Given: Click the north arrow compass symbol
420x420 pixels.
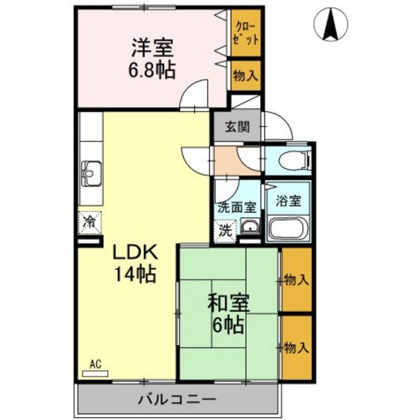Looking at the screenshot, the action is (331, 24).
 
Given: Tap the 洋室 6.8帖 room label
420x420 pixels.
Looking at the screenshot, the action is (151, 59).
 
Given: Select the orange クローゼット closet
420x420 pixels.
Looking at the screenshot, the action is (246, 33).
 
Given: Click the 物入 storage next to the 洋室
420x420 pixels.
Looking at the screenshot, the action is (246, 75).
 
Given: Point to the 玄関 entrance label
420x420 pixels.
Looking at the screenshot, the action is (237, 127).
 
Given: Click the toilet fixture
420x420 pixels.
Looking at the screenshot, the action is (295, 160).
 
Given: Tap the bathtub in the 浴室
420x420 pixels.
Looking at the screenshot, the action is (288, 228).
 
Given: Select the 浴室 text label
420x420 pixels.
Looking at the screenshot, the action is (288, 201).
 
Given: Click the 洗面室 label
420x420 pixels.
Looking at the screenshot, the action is (237, 207).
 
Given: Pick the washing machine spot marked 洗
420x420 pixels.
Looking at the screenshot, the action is (225, 231).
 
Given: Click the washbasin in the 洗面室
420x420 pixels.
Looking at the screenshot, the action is (250, 226).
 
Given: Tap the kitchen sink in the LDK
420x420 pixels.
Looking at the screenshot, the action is (91, 174).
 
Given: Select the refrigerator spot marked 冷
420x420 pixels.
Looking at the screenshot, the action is (90, 222).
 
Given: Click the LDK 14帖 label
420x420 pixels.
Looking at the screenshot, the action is (135, 263).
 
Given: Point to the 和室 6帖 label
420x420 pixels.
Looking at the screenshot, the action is (228, 313).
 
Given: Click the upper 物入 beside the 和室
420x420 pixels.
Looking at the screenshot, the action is (297, 280).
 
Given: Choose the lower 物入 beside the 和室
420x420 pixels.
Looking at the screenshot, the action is (297, 348).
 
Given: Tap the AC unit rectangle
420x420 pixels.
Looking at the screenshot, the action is (95, 374).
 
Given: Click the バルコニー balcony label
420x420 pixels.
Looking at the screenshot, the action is (177, 400).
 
